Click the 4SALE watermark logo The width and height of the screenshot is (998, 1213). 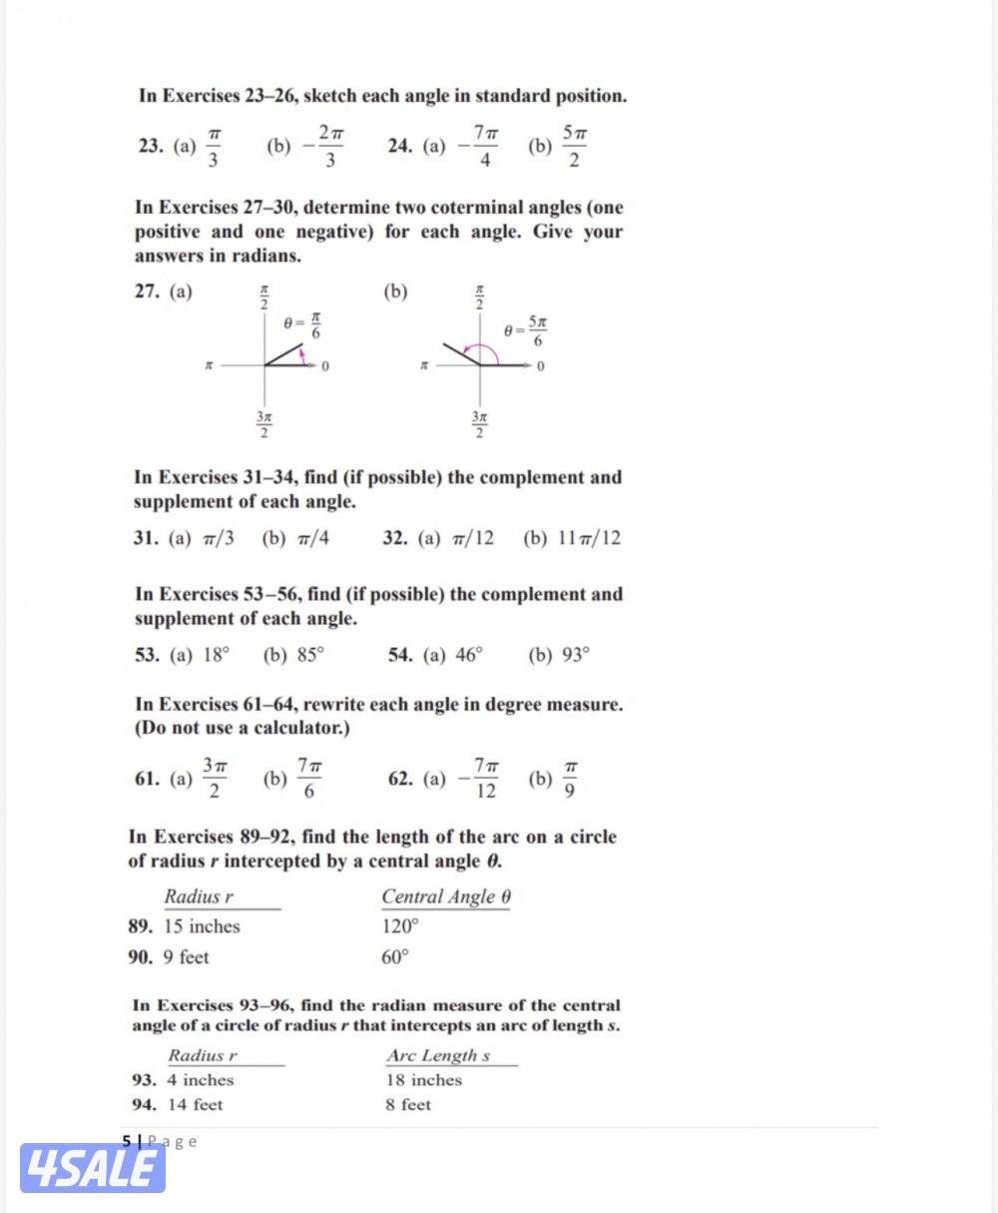pos(92,1168)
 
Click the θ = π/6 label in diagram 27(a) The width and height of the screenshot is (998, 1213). pos(301,325)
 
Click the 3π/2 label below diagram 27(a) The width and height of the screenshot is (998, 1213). pos(263,423)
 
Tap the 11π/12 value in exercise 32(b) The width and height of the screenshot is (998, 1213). pos(586,539)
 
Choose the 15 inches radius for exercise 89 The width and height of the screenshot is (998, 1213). pos(202,926)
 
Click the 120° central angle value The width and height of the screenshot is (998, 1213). pos(400,926)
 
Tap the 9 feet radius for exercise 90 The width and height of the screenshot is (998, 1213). pos(187,957)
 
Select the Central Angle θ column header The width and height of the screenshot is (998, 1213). pos(446,897)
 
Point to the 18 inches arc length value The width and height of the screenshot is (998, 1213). pos(424,1080)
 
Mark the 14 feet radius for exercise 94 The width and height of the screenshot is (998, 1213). pos(195,1105)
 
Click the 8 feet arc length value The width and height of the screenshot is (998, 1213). pos(409,1105)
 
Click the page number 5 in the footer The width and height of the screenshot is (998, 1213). pos(127,1140)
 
